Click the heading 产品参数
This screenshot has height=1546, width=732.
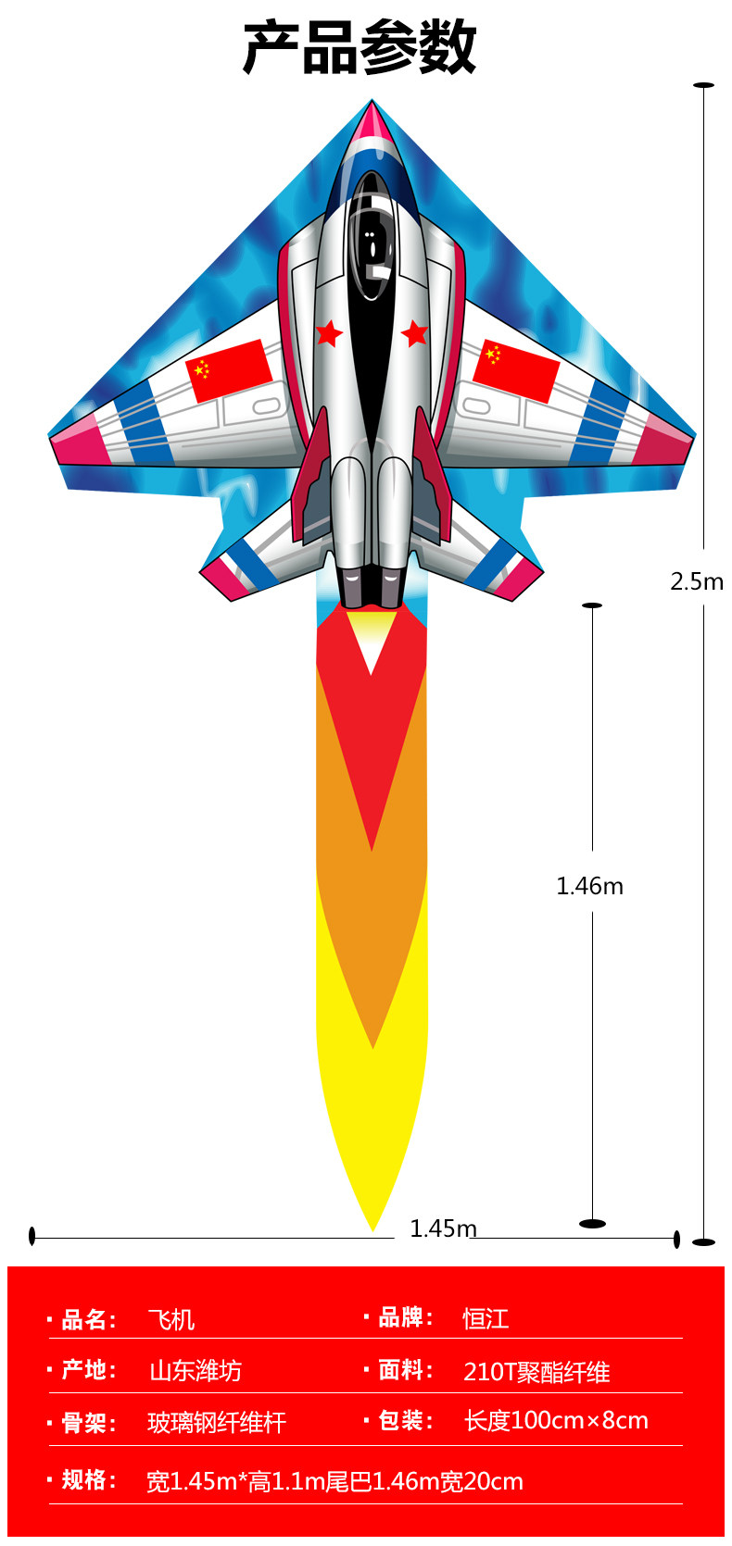point(360,48)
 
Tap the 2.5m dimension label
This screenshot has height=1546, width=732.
point(697,581)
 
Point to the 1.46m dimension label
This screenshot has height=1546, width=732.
point(589,886)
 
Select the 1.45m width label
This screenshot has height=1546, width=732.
point(443,1228)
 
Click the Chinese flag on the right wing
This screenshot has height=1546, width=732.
point(515,370)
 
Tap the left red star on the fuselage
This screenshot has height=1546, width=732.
point(329,332)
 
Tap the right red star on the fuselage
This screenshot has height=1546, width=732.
point(414,332)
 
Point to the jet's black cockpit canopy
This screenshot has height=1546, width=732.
point(372,241)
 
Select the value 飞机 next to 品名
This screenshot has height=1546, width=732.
point(171,1319)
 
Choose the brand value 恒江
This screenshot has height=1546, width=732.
point(486,1318)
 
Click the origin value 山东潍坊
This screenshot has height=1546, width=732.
point(196,1370)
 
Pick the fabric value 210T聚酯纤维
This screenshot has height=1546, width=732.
point(536,1371)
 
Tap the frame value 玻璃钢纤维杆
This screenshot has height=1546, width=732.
point(217,1422)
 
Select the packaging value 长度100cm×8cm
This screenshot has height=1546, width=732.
point(556,1420)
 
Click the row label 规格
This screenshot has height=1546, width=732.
point(89,1480)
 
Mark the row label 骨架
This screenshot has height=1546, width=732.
point(89,1423)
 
